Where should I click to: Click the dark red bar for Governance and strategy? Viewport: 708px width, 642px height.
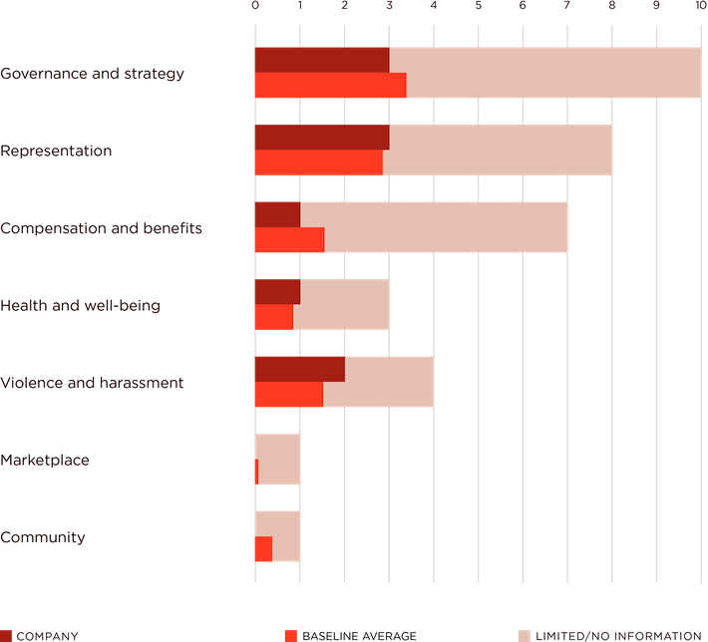point(321,60)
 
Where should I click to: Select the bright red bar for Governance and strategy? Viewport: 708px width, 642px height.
point(329,86)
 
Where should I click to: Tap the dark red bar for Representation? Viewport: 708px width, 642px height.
point(321,137)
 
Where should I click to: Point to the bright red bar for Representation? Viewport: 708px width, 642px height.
point(317,162)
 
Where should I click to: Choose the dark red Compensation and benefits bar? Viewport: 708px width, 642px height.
point(276,214)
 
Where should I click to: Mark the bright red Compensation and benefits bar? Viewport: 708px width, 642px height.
point(288,240)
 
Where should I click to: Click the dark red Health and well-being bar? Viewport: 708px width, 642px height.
point(276,291)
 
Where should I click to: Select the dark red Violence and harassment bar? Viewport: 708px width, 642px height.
point(299,369)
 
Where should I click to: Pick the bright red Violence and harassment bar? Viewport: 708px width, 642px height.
point(288,395)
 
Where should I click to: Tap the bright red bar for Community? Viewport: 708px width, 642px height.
point(262,549)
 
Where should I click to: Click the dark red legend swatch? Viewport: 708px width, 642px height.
point(8,635)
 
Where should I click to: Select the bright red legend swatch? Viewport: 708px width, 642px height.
point(290,635)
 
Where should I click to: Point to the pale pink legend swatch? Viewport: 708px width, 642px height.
point(523,635)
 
